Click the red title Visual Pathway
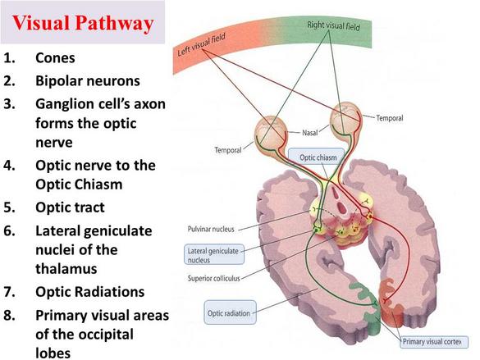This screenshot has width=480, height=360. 83,24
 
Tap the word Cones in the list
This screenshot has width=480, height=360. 55,57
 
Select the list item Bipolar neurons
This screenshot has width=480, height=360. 88,81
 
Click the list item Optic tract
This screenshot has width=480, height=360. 70,207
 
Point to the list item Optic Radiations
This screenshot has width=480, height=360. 90,292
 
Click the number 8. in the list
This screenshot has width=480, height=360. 10,316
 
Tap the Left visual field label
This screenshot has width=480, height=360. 201,45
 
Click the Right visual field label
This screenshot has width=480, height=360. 333,25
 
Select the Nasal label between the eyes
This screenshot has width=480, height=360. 310,133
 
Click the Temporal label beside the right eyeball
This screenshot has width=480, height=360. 390,118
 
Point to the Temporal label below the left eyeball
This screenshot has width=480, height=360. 228,150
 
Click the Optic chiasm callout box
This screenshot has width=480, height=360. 317,157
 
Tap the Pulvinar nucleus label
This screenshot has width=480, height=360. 211,229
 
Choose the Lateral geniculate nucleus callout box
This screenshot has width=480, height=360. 214,255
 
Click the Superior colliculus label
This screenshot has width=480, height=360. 213,278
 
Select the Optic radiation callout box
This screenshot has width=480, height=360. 230,312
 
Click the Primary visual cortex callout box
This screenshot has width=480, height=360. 434,342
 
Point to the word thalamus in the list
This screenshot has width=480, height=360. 66,269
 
